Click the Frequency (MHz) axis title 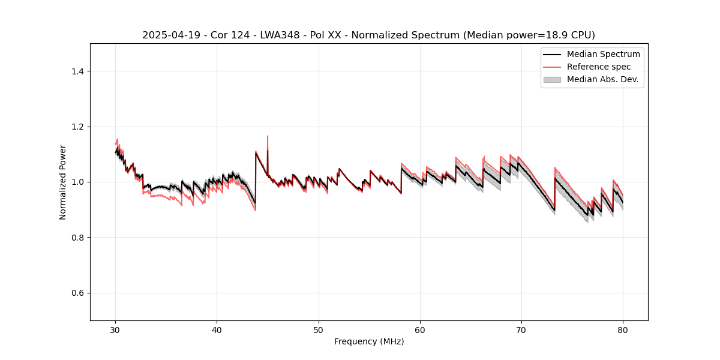369,341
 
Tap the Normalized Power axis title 63,182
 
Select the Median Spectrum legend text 603,54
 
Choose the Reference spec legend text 598,67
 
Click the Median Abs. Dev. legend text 602,79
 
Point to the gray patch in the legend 552,79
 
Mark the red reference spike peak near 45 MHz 268,136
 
